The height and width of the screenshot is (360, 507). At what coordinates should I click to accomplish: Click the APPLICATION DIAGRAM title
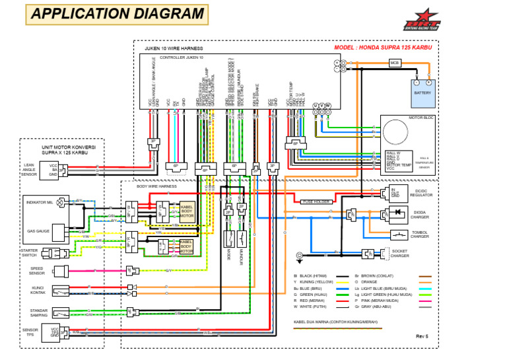point(118,14)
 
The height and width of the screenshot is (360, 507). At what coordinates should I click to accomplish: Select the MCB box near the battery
point(395,63)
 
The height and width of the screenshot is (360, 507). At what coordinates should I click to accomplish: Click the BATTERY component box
point(422,92)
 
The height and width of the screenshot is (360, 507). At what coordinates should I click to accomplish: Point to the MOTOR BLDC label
point(421,117)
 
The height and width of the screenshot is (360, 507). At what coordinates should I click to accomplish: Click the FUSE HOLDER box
point(315,201)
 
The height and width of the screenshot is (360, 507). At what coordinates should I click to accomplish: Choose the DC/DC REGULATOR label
point(421,193)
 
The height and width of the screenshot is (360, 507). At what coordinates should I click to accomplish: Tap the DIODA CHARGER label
point(421,214)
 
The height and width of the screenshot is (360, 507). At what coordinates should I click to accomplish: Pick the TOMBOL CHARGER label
point(421,234)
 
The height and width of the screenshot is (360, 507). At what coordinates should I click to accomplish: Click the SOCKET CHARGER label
point(419,253)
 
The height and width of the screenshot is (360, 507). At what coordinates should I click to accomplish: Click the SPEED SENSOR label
point(37,270)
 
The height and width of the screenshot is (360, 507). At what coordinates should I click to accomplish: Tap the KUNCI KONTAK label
point(37,290)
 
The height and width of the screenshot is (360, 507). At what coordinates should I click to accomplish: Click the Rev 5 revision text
point(422,336)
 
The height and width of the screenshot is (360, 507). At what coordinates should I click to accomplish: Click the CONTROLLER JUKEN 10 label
point(182,57)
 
